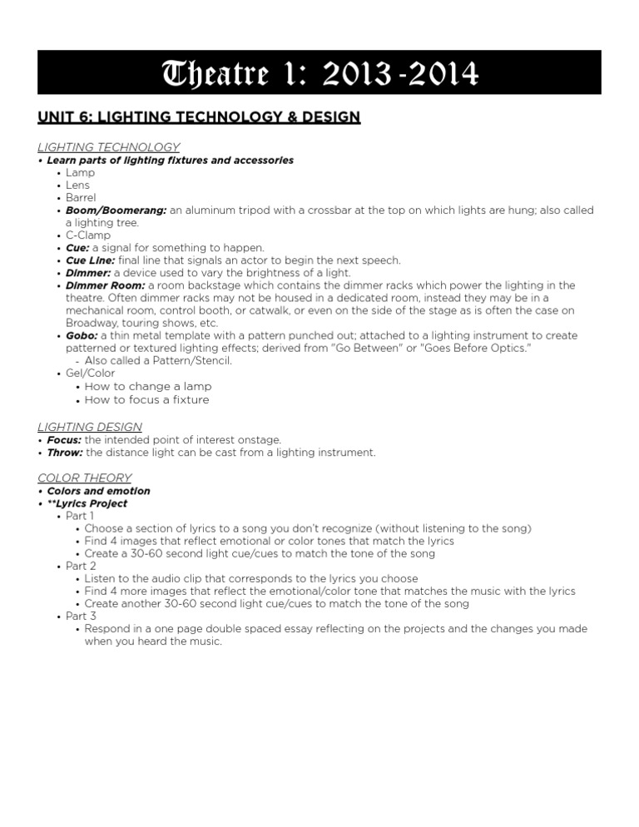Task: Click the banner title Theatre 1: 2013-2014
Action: [x=319, y=73]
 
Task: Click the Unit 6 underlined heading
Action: [x=199, y=117]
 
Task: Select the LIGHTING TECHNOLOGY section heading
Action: [x=109, y=147]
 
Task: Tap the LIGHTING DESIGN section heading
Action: [x=90, y=427]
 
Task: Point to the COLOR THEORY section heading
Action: [x=85, y=478]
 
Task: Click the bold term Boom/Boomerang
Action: [x=116, y=210]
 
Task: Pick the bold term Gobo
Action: [x=82, y=335]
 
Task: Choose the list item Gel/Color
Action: [x=91, y=374]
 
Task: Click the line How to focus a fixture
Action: [x=146, y=399]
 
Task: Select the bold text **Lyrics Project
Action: [x=87, y=503]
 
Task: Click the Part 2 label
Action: [x=82, y=566]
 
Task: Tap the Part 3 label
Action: [x=82, y=616]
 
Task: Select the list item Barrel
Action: [x=82, y=198]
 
